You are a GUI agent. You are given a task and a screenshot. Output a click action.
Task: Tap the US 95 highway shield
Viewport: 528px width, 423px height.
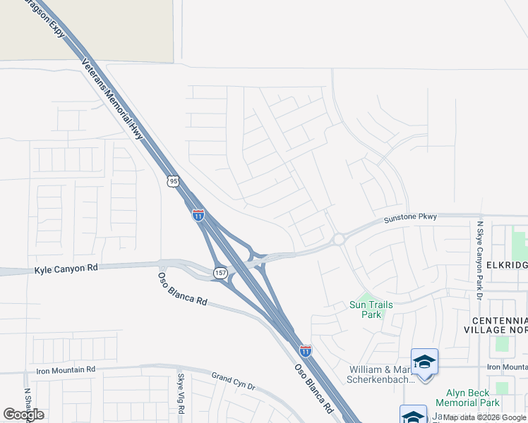tap(173, 182)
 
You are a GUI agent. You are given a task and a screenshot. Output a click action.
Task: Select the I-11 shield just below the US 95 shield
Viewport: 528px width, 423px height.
tap(198, 215)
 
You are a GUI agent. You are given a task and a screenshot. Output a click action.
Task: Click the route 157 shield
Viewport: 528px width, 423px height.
tap(220, 272)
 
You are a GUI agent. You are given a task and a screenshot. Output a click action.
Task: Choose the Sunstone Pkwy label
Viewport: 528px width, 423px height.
tap(410, 219)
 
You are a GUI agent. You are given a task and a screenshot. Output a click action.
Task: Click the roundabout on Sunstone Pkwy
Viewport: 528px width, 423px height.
tap(339, 240)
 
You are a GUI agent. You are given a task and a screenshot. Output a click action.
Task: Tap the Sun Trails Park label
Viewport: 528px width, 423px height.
tap(371, 309)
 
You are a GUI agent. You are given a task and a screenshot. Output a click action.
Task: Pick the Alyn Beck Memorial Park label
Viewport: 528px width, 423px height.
tap(472, 398)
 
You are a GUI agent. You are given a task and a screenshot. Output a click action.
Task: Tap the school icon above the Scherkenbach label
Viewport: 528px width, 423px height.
tap(424, 362)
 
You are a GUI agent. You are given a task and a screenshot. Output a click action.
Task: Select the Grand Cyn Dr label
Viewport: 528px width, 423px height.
tap(233, 382)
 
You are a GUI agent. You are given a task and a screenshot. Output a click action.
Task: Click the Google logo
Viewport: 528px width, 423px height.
tap(23, 415)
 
